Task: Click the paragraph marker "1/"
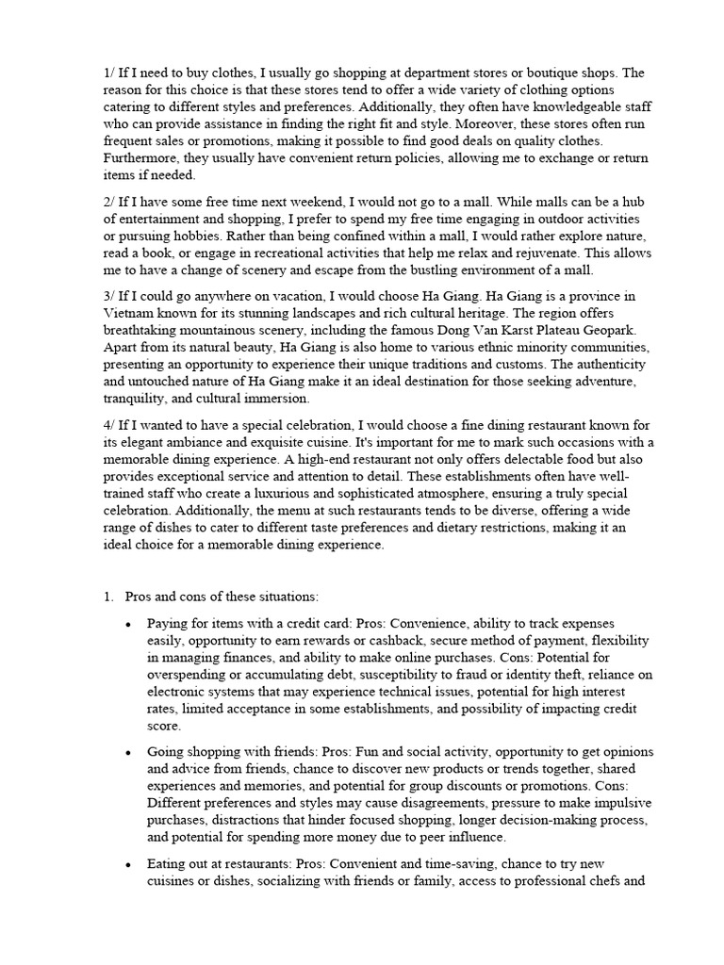click(109, 74)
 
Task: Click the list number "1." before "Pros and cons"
click(107, 597)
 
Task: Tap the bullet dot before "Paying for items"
click(127, 625)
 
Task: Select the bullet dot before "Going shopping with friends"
click(127, 753)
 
